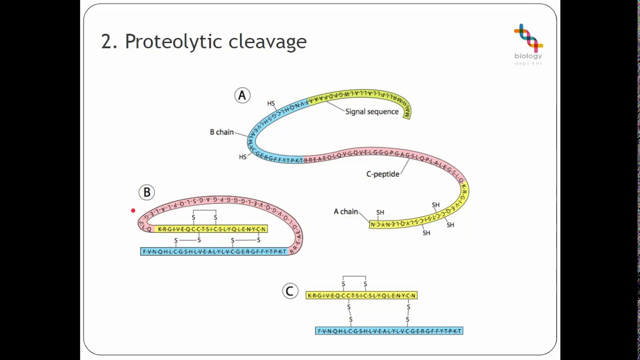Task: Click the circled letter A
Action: [x=242, y=95]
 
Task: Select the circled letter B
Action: [x=146, y=192]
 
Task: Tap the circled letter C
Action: [x=290, y=291]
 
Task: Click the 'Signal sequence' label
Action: [x=371, y=111]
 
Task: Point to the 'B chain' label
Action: [x=221, y=132]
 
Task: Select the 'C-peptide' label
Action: [x=382, y=174]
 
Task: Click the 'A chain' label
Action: [x=345, y=211]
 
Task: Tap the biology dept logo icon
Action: [x=528, y=37]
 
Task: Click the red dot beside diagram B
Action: [x=133, y=210]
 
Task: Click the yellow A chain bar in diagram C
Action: [x=361, y=295]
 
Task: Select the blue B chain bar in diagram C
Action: [x=389, y=331]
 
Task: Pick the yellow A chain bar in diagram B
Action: [x=211, y=229]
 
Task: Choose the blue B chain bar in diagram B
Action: [x=214, y=251]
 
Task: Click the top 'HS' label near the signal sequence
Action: [x=271, y=103]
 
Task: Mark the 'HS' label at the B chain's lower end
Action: [x=242, y=157]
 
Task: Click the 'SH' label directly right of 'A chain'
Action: [x=380, y=212]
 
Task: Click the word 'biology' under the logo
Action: [x=528, y=56]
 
